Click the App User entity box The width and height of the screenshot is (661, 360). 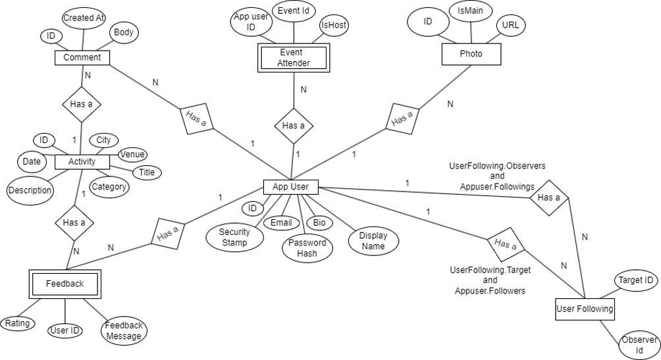point(290,188)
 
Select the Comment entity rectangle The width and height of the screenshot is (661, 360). point(82,57)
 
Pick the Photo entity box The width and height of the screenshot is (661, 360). point(470,54)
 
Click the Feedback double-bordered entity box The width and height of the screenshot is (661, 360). point(65,284)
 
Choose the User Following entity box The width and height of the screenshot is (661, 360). point(584,308)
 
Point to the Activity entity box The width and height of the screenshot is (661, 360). point(82,161)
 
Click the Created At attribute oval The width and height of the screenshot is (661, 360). point(84,18)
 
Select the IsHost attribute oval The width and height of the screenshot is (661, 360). point(334,25)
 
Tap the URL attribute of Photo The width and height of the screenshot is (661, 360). point(510,25)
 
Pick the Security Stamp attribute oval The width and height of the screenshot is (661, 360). point(234,237)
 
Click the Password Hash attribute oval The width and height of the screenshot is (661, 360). point(307,248)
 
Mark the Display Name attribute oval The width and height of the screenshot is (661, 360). point(373,241)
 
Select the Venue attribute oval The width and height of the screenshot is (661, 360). point(131,155)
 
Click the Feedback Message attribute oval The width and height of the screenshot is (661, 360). point(124,330)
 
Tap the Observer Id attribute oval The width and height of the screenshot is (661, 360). point(639,345)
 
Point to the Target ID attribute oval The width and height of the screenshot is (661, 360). point(635,280)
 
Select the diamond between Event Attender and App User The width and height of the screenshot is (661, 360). point(293,126)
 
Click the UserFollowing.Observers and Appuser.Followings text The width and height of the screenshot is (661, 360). point(496,176)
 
